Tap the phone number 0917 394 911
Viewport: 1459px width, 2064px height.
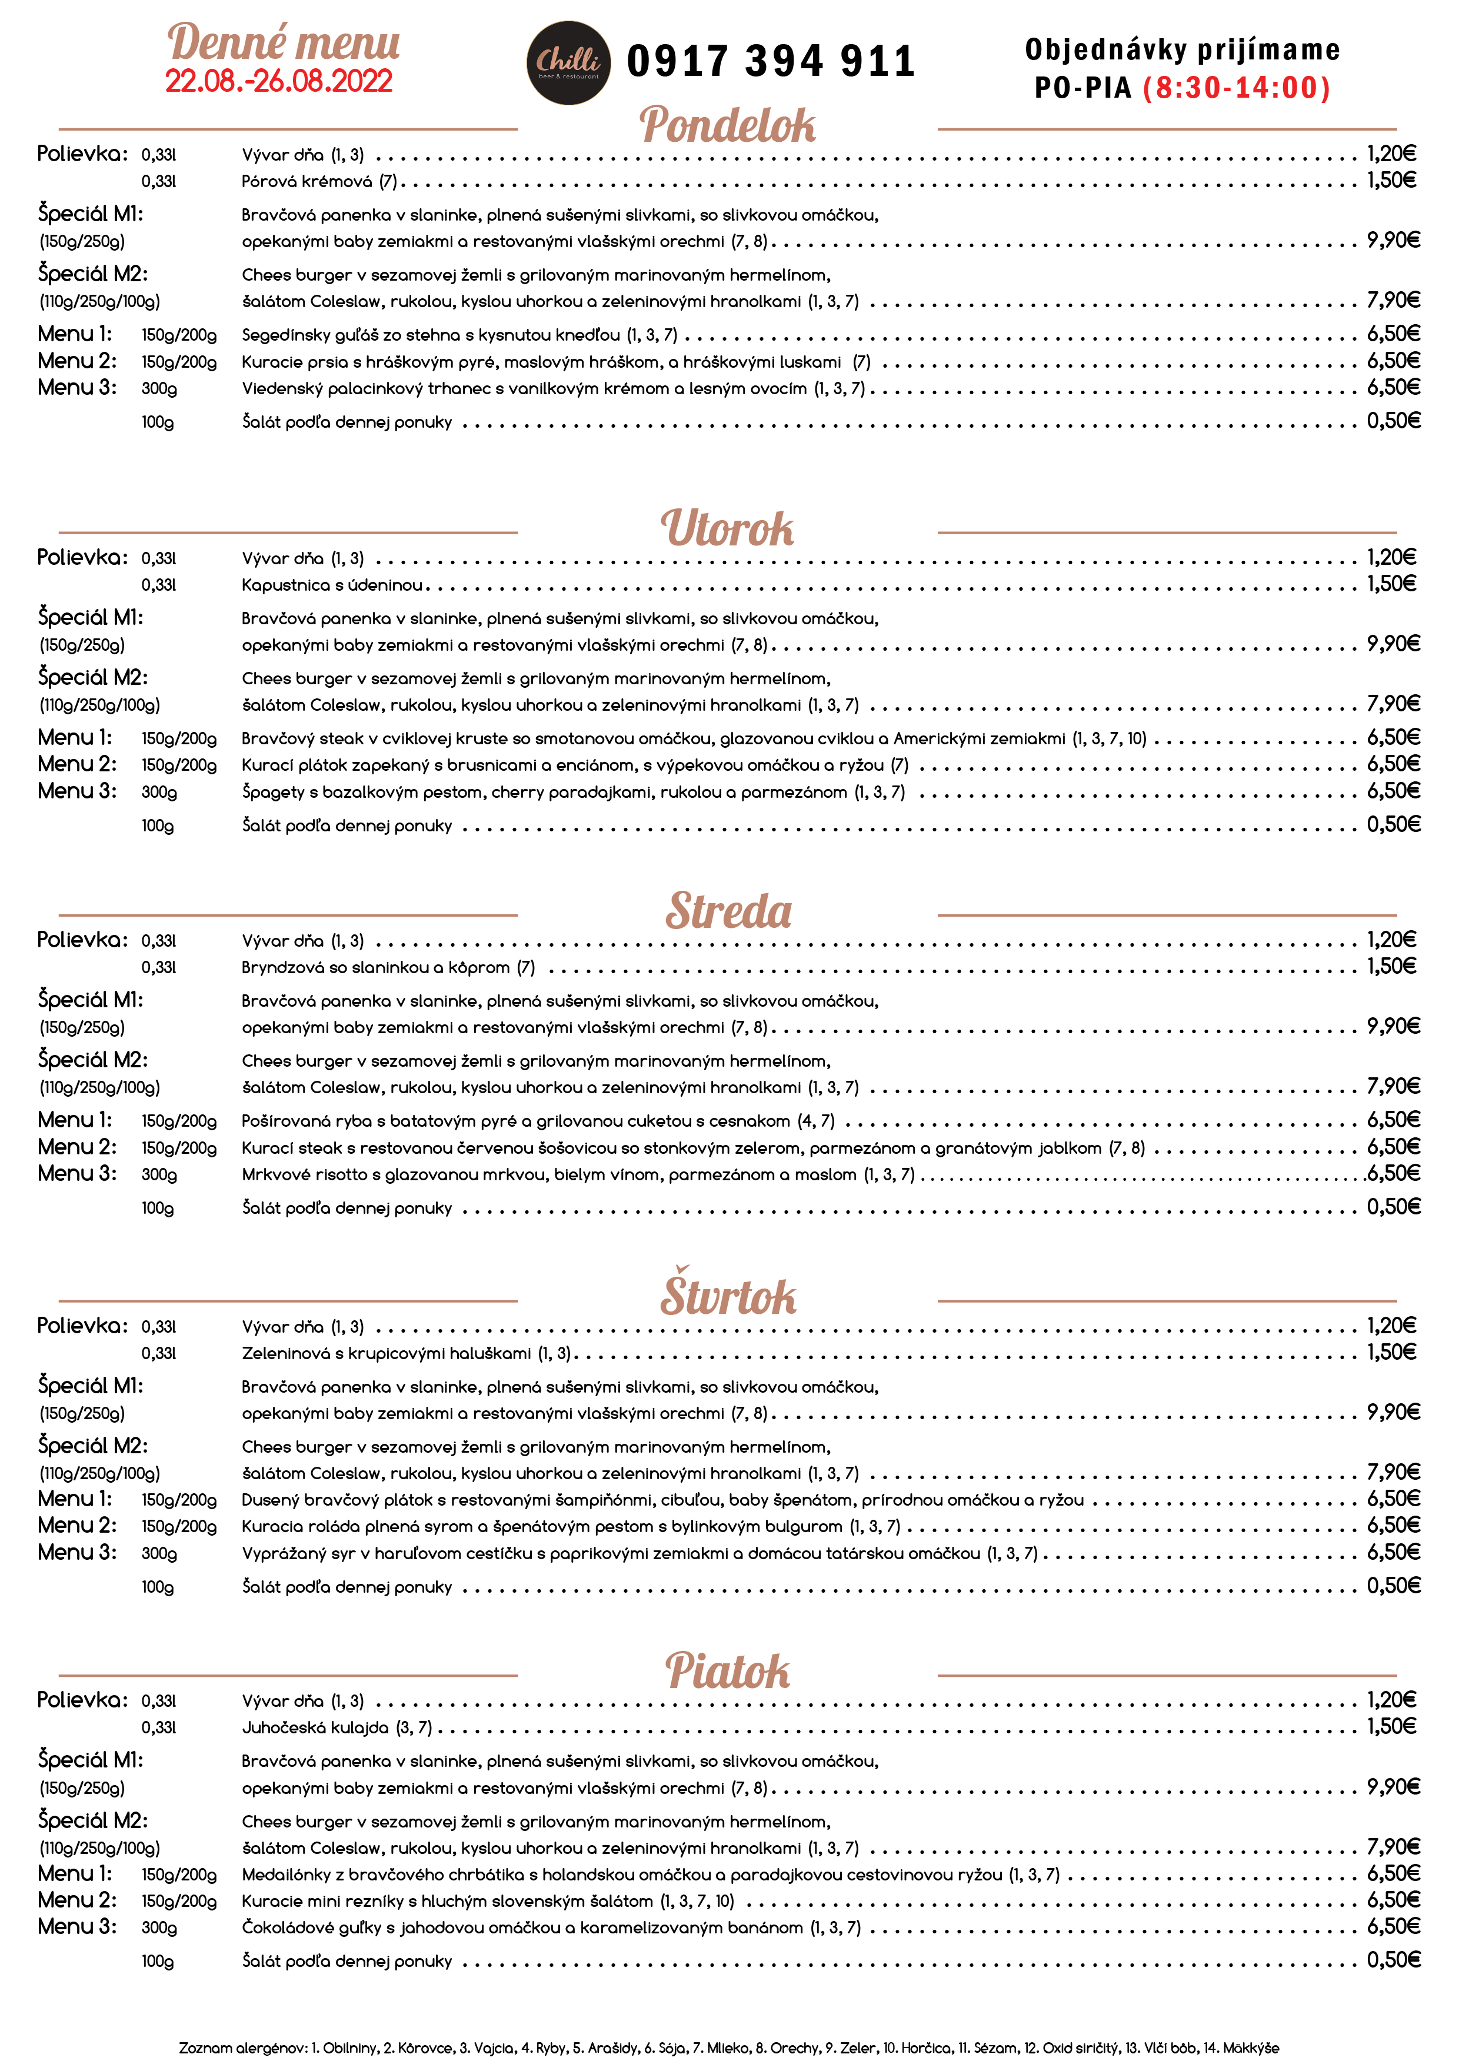(x=771, y=61)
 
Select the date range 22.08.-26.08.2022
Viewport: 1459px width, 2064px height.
(x=279, y=81)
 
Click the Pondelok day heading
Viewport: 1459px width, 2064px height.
(x=727, y=124)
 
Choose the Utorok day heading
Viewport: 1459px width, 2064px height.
(x=727, y=528)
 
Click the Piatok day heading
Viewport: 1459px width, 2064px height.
(x=727, y=1670)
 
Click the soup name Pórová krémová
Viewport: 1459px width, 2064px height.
(x=307, y=182)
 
